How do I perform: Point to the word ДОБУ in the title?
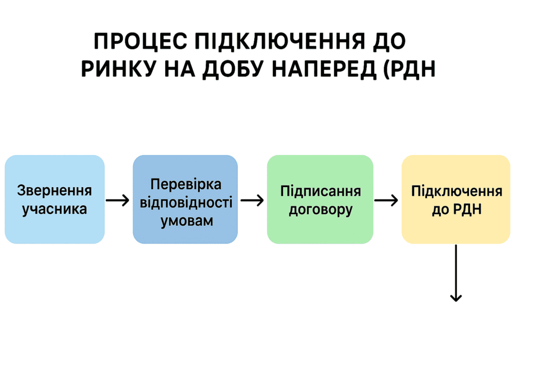coord(234,70)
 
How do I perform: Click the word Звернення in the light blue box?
coord(54,191)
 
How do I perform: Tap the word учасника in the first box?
coord(54,208)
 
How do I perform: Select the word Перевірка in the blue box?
coord(185,184)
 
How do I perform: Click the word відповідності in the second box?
coord(185,203)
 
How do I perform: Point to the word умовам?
coord(185,220)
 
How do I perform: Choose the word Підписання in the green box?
coord(321,191)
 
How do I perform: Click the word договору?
coord(321,209)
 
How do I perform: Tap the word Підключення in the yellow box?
coord(456,191)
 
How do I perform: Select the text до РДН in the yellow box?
coord(456,209)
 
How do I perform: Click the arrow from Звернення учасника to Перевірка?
coord(118,200)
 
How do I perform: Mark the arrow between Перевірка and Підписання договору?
coord(252,200)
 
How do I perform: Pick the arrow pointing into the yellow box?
coord(386,200)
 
